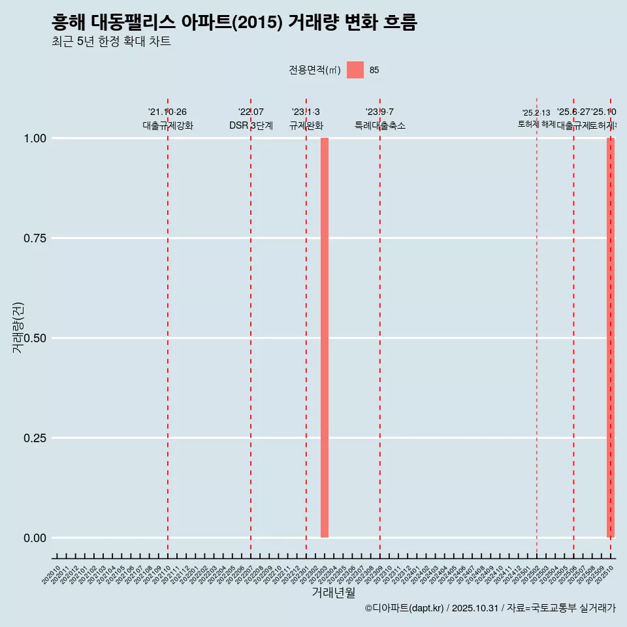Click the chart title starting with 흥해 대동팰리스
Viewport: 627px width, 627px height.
click(x=234, y=23)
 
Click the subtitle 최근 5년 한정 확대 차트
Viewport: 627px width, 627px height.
click(x=111, y=42)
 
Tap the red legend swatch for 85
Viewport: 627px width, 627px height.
click(x=355, y=70)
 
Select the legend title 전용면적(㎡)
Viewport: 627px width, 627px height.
click(x=314, y=70)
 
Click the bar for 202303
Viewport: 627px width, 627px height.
click(x=325, y=338)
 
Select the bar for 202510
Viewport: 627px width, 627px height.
click(x=611, y=338)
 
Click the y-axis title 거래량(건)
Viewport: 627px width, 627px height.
click(x=18, y=327)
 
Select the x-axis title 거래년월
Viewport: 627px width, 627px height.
click(x=333, y=593)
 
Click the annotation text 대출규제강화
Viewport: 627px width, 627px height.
click(x=168, y=125)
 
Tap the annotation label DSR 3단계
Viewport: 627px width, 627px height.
click(x=251, y=125)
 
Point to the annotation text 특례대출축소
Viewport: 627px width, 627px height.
click(x=380, y=125)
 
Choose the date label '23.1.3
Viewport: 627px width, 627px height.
click(x=306, y=112)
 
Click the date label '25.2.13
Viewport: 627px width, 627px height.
click(x=536, y=113)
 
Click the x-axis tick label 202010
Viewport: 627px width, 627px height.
click(x=52, y=575)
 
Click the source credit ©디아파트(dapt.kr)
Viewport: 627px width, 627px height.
click(x=404, y=609)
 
